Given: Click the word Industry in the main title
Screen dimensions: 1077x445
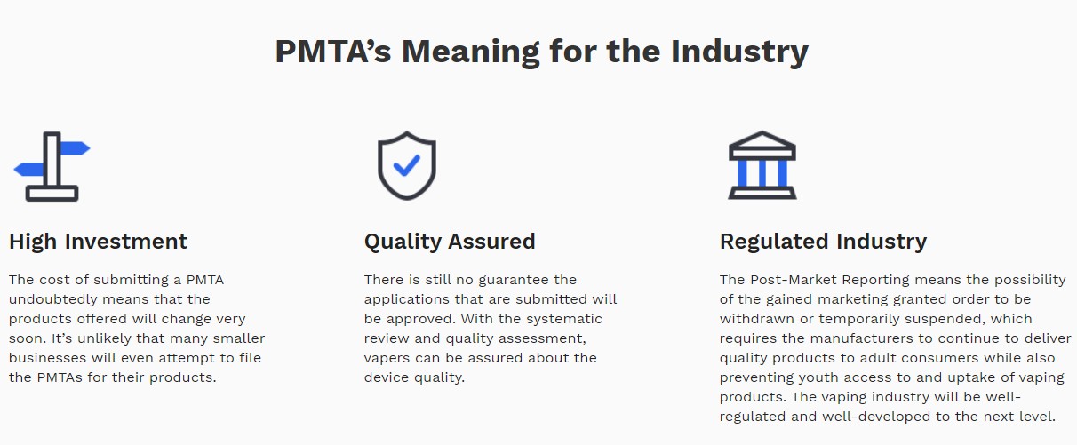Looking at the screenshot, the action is point(739,52).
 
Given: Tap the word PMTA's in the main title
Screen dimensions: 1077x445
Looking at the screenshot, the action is point(332,51).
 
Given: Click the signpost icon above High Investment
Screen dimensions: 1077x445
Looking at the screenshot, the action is point(52,166).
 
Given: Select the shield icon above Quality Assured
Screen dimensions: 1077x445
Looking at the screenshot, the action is point(407,165).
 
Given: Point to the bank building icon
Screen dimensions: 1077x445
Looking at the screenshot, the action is point(762,165).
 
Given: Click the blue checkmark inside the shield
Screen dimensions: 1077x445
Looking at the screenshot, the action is point(407,165).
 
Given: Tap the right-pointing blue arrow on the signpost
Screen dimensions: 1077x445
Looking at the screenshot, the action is point(76,148).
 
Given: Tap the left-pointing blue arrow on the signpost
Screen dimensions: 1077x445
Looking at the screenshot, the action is point(28,169).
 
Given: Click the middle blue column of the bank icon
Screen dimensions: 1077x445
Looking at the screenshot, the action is point(762,173).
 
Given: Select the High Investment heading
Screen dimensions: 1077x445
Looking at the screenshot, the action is point(98,242).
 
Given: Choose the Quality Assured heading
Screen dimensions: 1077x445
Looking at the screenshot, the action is point(450,242).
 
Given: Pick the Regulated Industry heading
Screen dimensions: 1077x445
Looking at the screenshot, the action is point(823,242).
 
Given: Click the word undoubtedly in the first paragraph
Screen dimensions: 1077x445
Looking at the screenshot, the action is point(55,300).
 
